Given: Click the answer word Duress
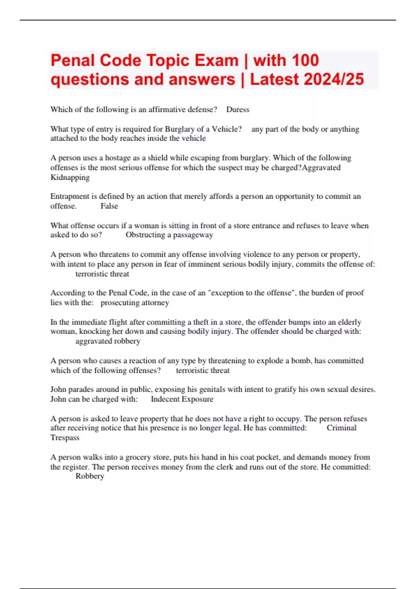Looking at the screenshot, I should (x=238, y=109).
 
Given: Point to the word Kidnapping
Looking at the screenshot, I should (x=70, y=177).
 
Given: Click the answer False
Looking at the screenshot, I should (x=109, y=206).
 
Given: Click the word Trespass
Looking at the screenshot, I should (x=65, y=438).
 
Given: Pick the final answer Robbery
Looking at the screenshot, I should (x=90, y=476).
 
